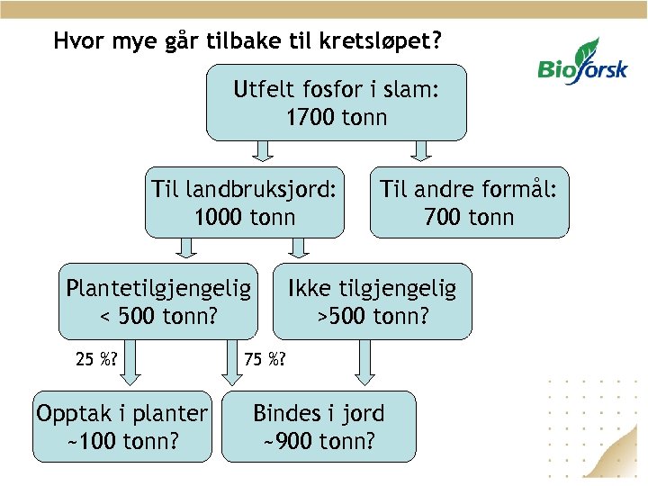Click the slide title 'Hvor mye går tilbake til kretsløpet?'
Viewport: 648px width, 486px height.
tap(247, 40)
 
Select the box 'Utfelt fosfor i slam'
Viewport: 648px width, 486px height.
tap(337, 103)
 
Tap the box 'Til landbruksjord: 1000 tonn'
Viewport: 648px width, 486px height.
tap(245, 202)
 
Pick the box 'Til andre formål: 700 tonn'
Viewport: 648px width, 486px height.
tap(469, 202)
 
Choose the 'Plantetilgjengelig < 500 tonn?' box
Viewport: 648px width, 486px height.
tap(158, 301)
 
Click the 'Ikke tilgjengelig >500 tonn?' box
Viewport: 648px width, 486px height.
tap(372, 301)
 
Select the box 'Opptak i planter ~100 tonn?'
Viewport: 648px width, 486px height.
tap(121, 427)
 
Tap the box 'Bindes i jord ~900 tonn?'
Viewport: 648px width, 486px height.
tap(319, 427)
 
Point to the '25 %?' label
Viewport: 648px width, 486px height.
tap(97, 360)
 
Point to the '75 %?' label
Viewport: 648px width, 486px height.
tap(265, 360)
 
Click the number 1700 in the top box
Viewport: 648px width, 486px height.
tap(311, 117)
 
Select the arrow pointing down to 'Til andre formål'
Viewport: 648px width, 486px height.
tap(419, 151)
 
